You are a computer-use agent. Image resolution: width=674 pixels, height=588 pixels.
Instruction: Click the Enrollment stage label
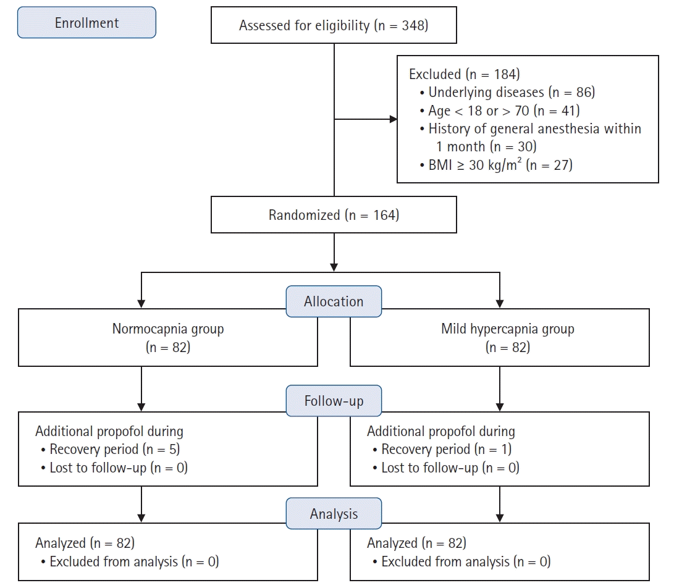(x=86, y=22)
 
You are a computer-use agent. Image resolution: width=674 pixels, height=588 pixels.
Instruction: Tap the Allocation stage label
(x=334, y=301)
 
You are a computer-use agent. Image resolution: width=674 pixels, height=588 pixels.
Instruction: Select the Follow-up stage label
(x=334, y=401)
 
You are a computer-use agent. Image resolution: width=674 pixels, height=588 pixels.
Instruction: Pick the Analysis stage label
(x=334, y=513)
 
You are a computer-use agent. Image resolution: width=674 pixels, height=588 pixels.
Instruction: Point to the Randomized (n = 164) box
(x=334, y=214)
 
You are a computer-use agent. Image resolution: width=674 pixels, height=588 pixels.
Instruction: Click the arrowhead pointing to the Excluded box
(x=393, y=119)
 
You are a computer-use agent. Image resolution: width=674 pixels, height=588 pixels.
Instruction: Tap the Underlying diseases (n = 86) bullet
(x=507, y=92)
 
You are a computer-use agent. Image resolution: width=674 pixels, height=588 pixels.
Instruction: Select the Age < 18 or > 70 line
(x=500, y=111)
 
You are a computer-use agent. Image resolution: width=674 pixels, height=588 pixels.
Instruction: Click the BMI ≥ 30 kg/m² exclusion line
(x=496, y=164)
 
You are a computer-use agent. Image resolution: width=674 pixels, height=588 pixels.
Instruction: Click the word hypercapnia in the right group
(x=503, y=329)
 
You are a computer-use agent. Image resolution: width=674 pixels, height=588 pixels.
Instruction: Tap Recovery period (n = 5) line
(x=111, y=449)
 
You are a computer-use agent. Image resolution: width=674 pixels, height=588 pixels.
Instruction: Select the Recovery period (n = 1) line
(x=442, y=449)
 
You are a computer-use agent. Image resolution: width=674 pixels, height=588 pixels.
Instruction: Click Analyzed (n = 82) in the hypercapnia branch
(x=416, y=543)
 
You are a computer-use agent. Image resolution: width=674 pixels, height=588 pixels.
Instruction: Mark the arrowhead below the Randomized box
(x=334, y=267)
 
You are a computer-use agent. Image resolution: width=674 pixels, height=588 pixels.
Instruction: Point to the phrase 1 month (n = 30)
(x=486, y=146)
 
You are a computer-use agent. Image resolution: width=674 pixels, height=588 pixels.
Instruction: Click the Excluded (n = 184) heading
(x=464, y=74)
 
